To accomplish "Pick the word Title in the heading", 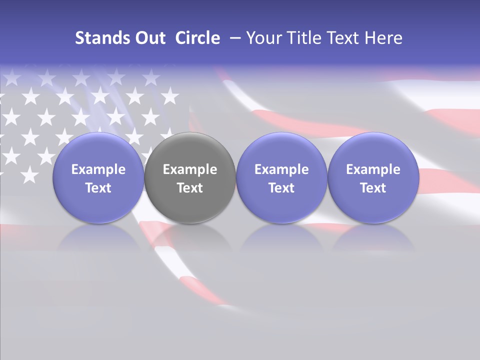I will [x=304, y=38].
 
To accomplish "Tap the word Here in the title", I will [x=383, y=38].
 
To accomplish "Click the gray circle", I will [x=190, y=177].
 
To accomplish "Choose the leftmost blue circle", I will [x=98, y=177].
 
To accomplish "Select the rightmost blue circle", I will [x=373, y=177].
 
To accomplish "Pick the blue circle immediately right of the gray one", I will [x=281, y=177].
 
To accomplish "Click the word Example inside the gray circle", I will [x=190, y=169].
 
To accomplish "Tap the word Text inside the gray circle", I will [x=190, y=188].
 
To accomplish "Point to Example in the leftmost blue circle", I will [x=98, y=169].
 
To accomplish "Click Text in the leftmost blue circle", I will [x=98, y=188].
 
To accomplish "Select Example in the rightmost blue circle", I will [x=373, y=169].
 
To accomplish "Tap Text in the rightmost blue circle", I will [x=373, y=188].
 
